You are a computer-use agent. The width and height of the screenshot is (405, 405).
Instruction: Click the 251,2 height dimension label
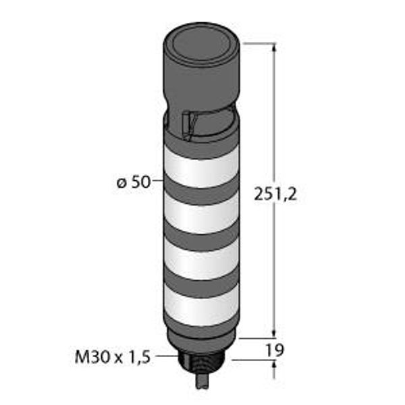point(275,194)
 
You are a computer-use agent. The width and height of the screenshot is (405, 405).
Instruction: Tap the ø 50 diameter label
point(133,182)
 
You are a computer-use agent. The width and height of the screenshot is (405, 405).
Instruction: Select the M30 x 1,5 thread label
point(112,357)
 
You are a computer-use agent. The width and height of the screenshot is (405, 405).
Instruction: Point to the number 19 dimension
point(275,350)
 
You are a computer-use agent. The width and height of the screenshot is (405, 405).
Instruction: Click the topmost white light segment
point(201,168)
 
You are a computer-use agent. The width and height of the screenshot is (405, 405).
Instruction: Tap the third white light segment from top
point(201,259)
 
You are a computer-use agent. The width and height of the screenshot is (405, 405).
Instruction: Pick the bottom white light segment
point(201,305)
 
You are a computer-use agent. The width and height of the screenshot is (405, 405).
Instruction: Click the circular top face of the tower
point(201,44)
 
